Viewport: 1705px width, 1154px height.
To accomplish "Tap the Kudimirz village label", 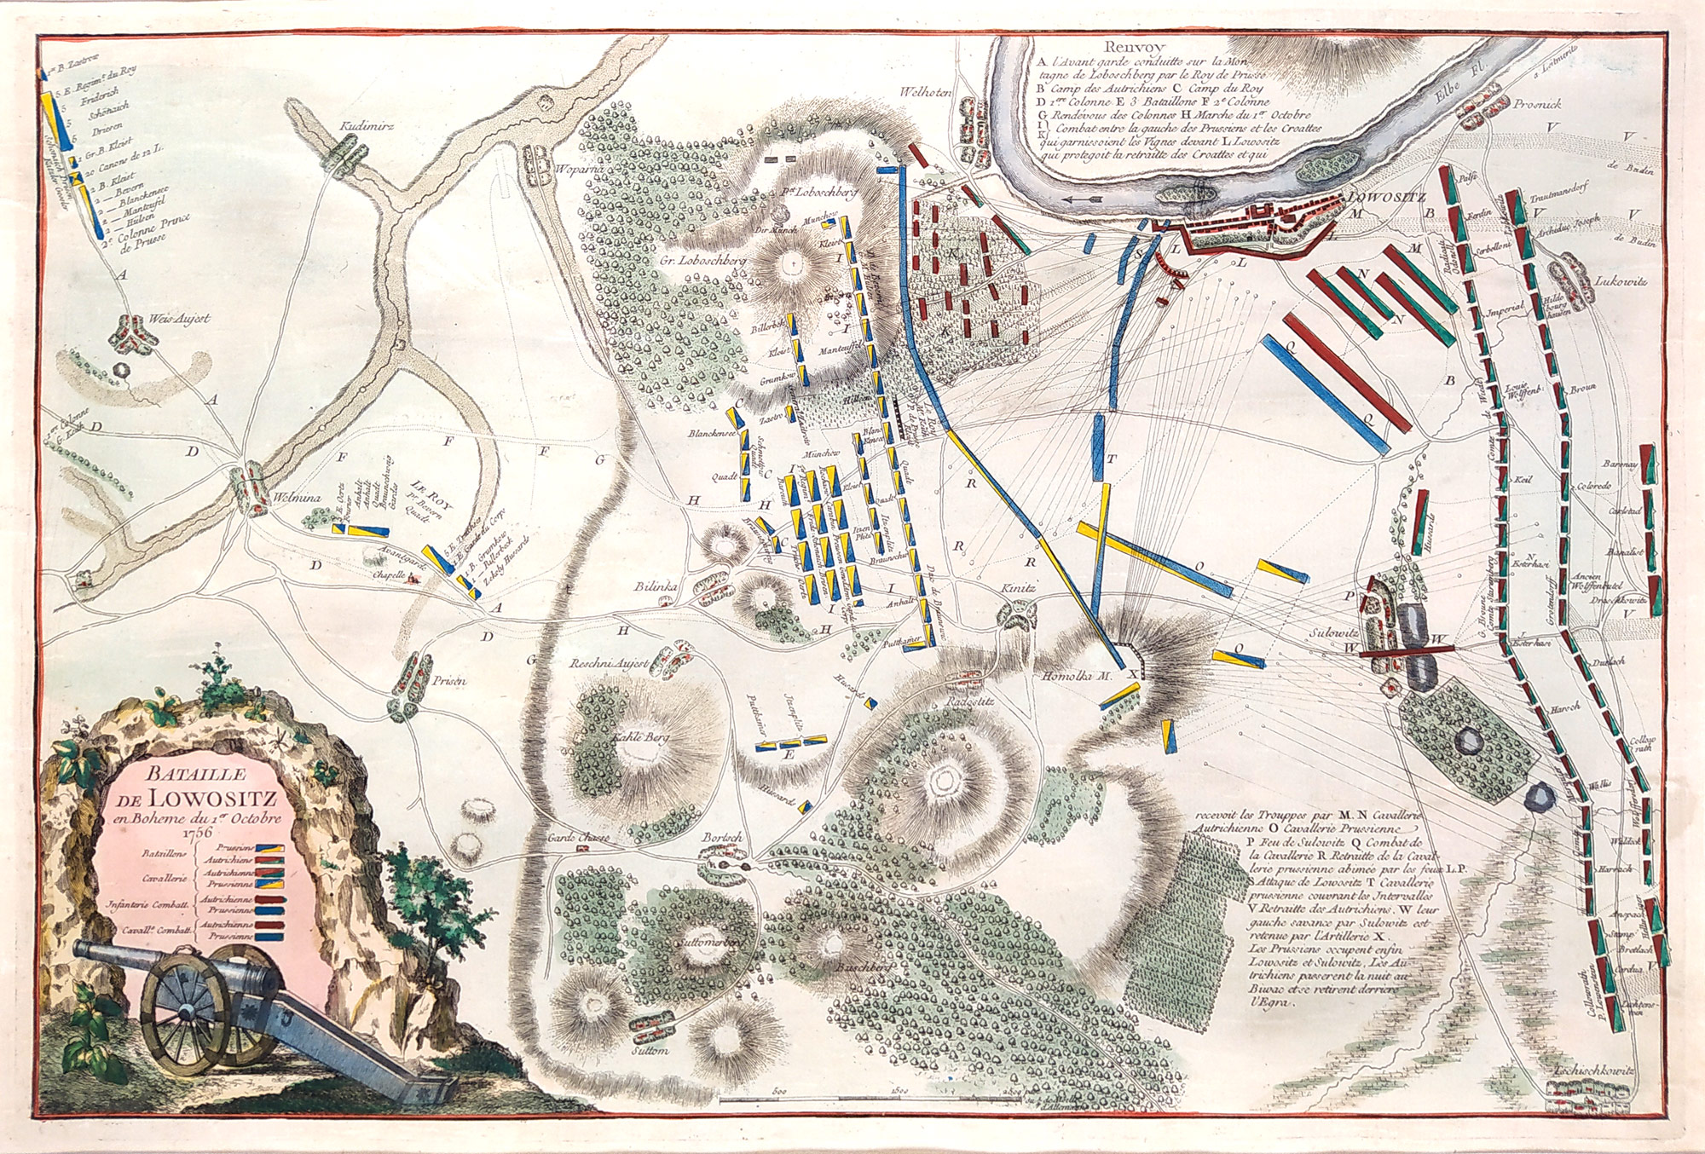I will [x=366, y=125].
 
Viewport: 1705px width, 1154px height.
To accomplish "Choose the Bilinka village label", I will [x=655, y=587].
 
